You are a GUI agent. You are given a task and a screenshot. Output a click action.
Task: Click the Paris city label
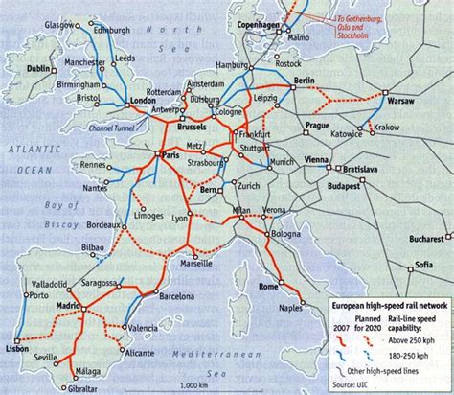173,154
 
